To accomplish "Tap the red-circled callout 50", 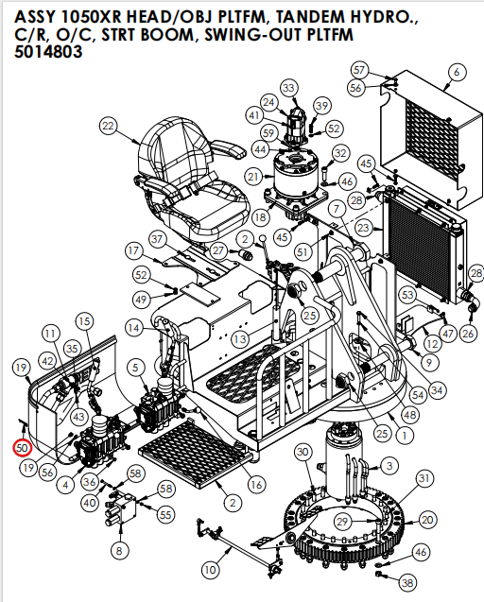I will tap(21, 447).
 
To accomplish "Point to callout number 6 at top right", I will tap(458, 72).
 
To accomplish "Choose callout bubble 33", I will tap(288, 88).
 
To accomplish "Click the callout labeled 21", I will tap(253, 177).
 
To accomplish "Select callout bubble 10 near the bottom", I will tap(209, 569).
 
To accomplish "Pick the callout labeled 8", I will tap(118, 550).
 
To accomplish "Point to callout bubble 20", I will tap(427, 519).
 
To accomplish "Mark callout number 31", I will tap(424, 478).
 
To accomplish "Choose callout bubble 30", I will tap(302, 453).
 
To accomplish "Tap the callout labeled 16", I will tap(255, 484).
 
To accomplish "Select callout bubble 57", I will tap(358, 70).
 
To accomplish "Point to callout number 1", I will tap(403, 436).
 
